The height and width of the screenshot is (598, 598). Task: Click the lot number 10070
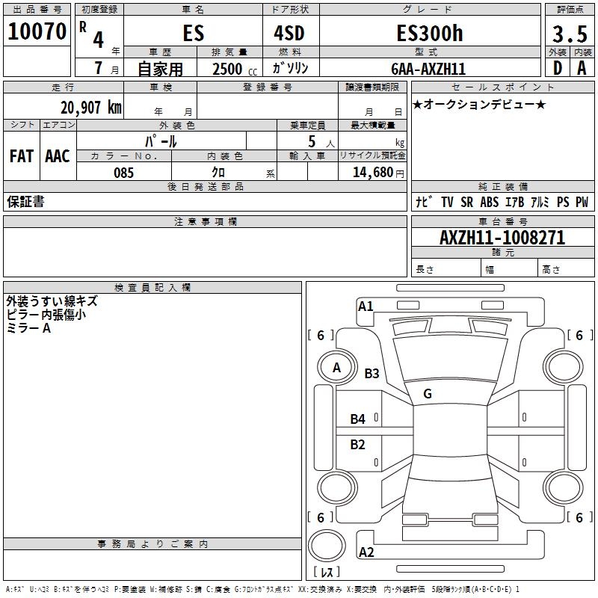(37, 32)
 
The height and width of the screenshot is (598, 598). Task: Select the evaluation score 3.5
(569, 34)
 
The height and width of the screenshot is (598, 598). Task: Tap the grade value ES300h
(429, 33)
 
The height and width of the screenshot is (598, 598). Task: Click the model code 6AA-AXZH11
(429, 69)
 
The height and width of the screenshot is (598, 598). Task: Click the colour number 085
(124, 173)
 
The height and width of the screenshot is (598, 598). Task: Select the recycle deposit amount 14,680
(373, 173)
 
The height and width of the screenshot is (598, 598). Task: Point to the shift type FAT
(22, 156)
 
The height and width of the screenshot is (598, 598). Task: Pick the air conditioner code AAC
(58, 156)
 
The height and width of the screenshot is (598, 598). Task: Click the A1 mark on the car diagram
(366, 306)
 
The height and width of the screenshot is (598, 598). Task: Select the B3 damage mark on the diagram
(372, 374)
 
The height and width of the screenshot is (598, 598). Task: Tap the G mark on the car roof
(428, 394)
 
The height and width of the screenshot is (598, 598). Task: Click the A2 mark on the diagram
(366, 552)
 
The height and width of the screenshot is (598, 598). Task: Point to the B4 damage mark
(358, 419)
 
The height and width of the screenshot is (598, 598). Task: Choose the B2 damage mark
(358, 445)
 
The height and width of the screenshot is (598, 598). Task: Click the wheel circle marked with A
(336, 368)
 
